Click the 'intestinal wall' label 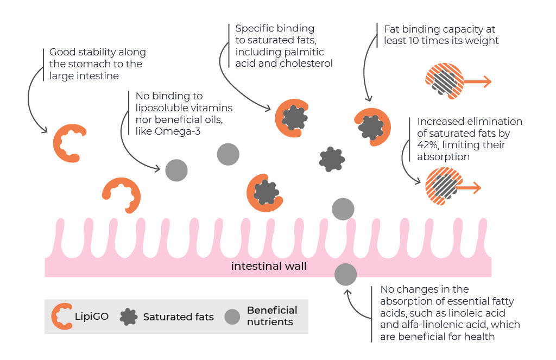coord(269,266)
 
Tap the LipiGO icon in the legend coord(62,316)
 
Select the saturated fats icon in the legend coord(128,316)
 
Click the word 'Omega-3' coord(176,130)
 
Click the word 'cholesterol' coord(306,64)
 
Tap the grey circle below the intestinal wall coord(345,275)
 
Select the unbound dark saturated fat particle coord(331,159)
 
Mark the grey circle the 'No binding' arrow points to coord(176,170)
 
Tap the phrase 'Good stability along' coord(98,52)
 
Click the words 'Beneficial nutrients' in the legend coord(272,316)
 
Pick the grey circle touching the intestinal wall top coord(343,209)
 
